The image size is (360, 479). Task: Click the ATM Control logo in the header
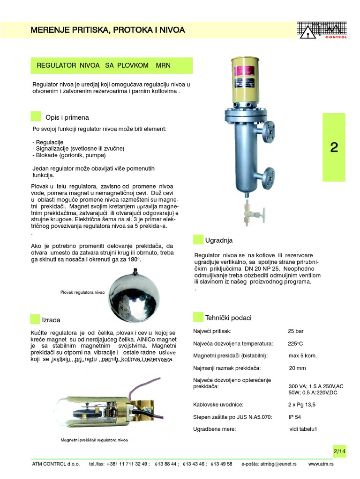[x=322, y=30]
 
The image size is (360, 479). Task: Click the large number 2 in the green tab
[x=334, y=147]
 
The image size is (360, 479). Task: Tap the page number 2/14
[x=339, y=451]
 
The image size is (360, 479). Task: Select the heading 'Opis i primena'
[x=67, y=117]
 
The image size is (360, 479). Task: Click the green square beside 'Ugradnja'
[x=198, y=240]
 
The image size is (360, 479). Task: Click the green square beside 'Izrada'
[x=35, y=319]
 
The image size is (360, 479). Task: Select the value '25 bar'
[x=296, y=331]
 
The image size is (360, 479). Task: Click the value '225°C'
[x=296, y=343]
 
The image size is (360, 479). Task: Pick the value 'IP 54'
[x=295, y=416]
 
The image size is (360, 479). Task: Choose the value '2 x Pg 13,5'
[x=301, y=404]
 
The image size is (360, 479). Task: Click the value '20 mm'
[x=297, y=368]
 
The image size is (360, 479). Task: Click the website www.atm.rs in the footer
[x=321, y=464]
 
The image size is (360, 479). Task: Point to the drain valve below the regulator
[x=247, y=215]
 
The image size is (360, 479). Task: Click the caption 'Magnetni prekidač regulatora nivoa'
[x=94, y=440]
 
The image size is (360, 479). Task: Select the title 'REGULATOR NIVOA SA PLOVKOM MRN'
[x=104, y=65]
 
